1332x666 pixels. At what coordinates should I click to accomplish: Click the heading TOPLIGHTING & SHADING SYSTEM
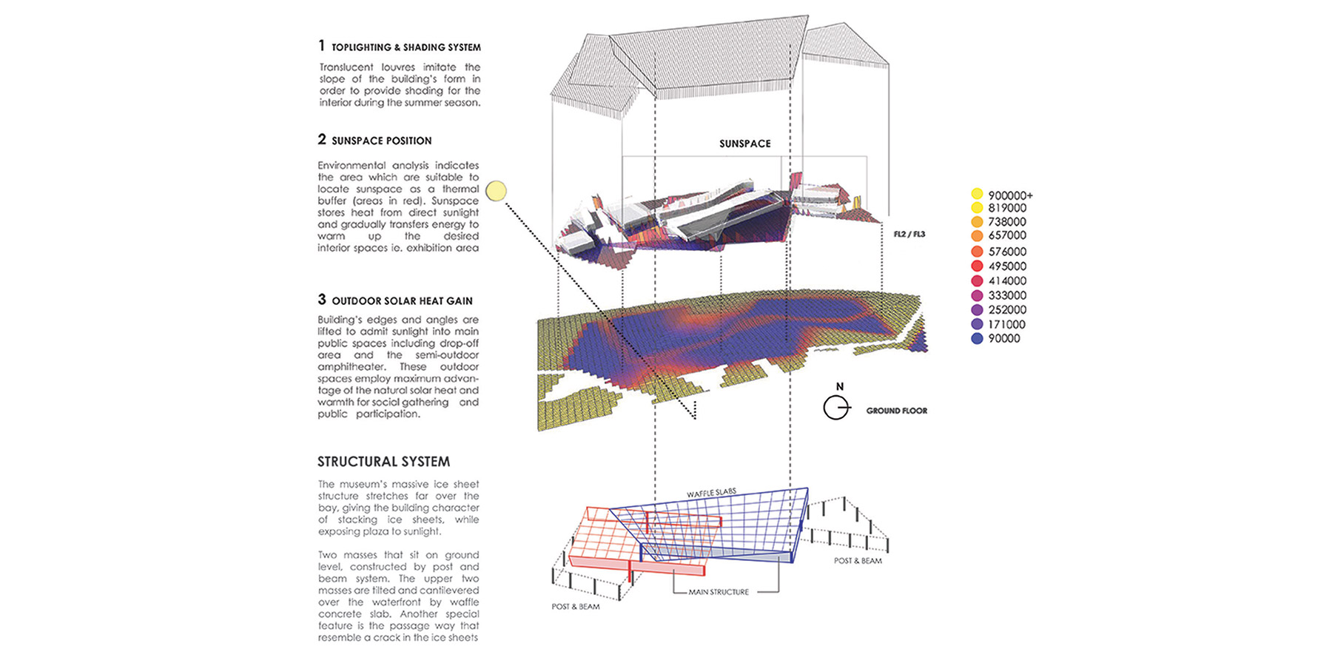click(406, 47)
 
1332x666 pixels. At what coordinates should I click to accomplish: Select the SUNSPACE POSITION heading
click(381, 141)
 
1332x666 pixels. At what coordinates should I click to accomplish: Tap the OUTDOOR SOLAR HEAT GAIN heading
click(402, 301)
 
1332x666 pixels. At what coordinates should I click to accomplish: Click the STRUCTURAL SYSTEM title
click(383, 462)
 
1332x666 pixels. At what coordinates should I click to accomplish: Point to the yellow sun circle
click(496, 192)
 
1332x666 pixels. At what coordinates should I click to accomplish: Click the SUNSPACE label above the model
click(744, 144)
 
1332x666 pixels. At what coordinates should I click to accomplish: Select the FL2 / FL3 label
click(909, 235)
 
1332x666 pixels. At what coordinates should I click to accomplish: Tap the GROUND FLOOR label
click(896, 411)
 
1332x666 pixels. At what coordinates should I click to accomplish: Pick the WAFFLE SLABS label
click(711, 493)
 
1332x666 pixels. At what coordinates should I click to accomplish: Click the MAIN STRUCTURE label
click(719, 592)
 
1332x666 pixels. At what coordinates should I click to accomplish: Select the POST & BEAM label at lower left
click(575, 607)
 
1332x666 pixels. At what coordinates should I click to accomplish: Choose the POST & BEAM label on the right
click(858, 561)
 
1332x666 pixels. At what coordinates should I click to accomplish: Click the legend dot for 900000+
click(977, 195)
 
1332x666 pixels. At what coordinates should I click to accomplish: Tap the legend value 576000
click(1007, 252)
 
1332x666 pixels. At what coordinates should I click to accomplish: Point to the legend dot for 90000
click(977, 338)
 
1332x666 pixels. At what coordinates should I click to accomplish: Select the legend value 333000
click(1007, 295)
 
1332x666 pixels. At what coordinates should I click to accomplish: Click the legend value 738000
click(1007, 222)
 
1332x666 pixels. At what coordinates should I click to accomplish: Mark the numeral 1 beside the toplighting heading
click(322, 46)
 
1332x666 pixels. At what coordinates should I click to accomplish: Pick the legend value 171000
click(1006, 324)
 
